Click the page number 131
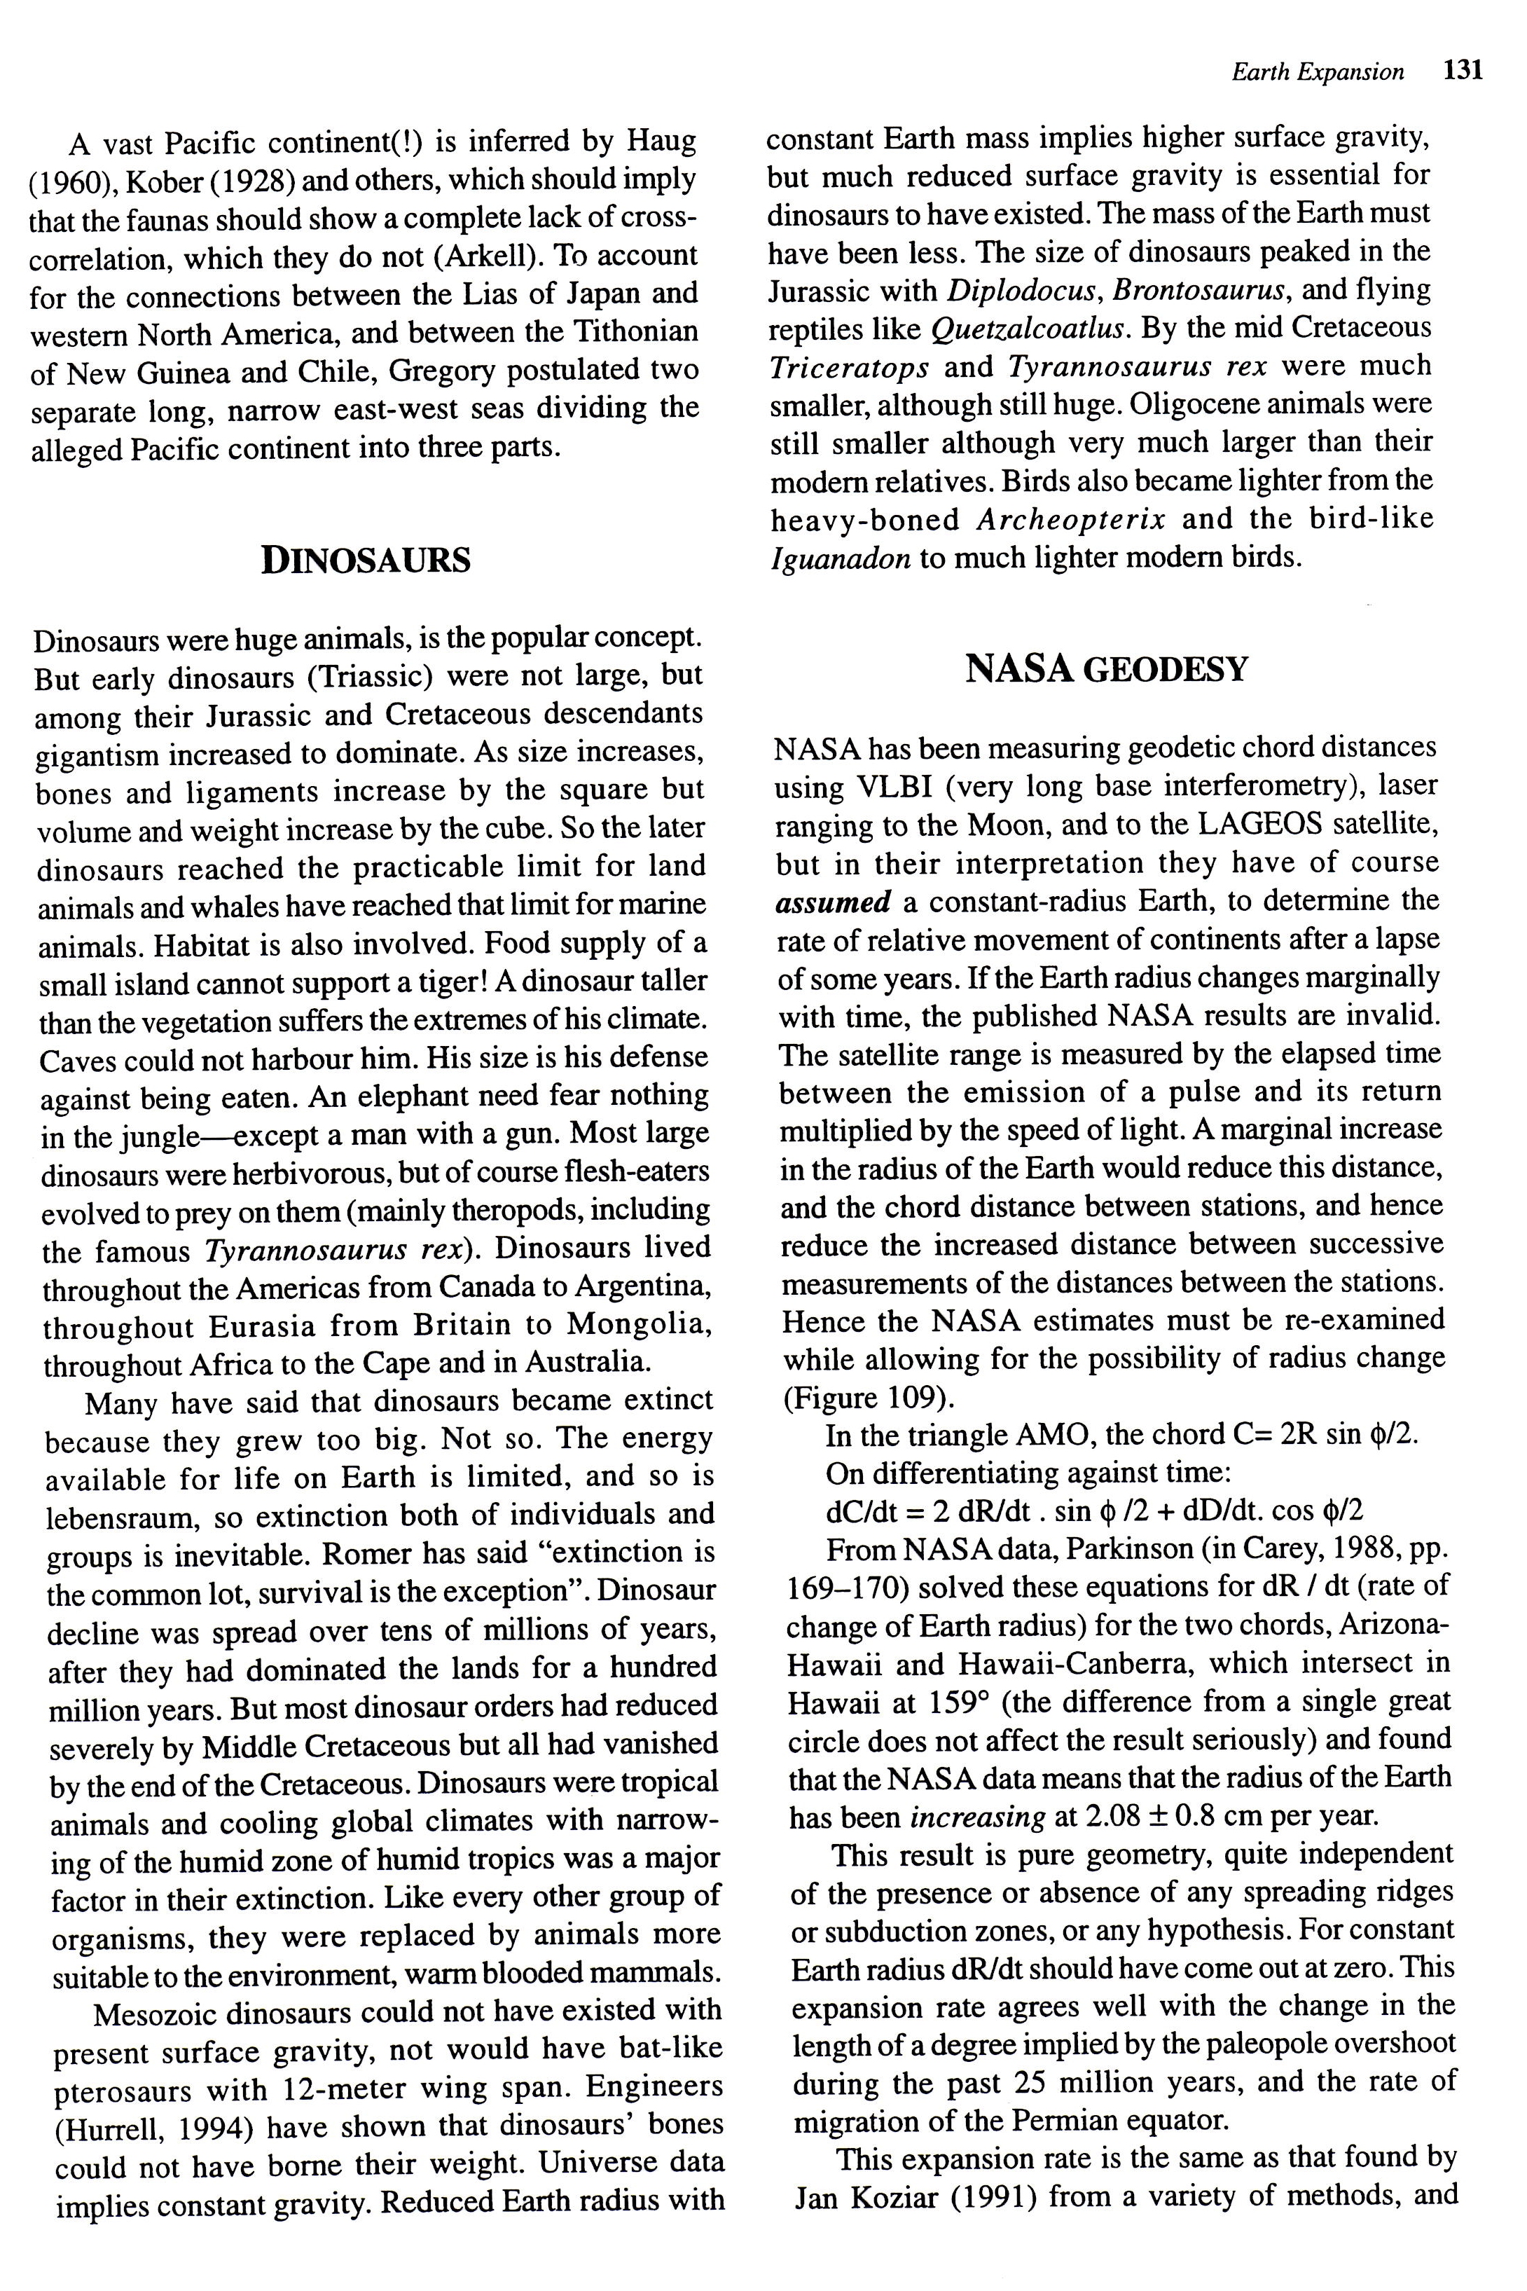1463,70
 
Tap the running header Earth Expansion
1318,72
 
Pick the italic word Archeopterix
1070,519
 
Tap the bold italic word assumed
833,902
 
